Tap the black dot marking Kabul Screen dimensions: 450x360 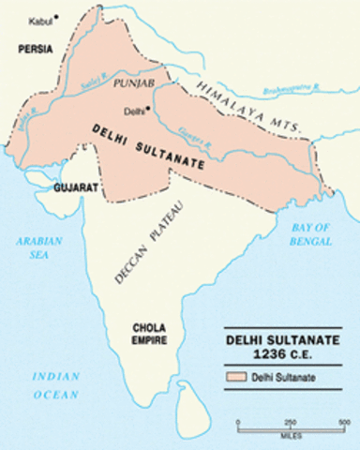click(x=56, y=17)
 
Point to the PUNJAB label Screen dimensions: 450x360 click(x=133, y=83)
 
